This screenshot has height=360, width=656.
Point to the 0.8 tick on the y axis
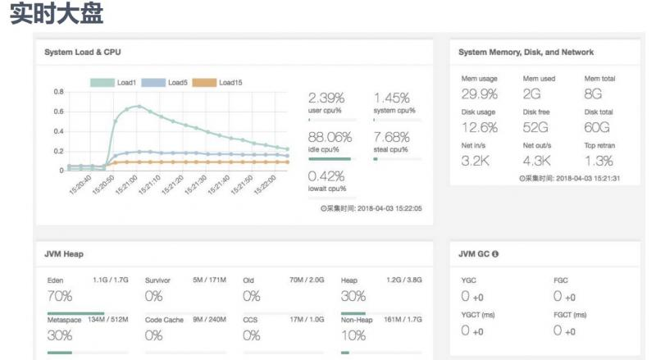point(58,91)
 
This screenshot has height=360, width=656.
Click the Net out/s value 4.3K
point(540,161)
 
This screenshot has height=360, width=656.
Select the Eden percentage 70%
point(61,296)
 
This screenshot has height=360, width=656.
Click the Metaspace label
point(65,320)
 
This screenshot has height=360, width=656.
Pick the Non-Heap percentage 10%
point(353,335)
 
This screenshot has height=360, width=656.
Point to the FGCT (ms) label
point(571,314)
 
